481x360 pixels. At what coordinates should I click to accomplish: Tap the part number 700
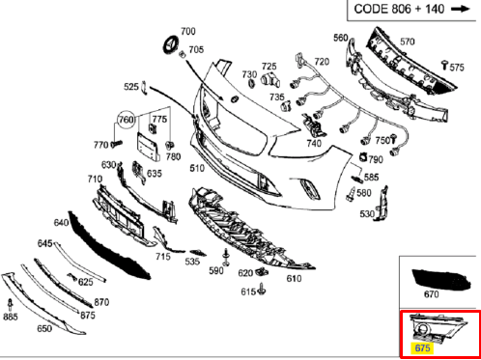pos(187,33)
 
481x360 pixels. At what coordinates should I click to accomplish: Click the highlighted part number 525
pos(131,88)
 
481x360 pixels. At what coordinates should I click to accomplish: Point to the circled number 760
pos(127,120)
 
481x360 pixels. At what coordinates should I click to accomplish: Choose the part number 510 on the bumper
pos(197,170)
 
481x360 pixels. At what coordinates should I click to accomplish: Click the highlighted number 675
pos(421,347)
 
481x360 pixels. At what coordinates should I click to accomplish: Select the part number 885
pos(11,317)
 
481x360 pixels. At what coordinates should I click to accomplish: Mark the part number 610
pos(295,279)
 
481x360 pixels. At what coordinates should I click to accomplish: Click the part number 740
pos(314,144)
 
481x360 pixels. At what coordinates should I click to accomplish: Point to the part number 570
pos(407,42)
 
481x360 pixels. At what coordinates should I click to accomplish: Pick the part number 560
pos(341,38)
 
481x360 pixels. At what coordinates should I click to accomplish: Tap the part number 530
pos(368,213)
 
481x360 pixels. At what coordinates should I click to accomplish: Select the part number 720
pos(322,62)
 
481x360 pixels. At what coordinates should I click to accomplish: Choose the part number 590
pos(216,271)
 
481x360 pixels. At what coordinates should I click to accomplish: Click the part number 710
pos(95,180)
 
